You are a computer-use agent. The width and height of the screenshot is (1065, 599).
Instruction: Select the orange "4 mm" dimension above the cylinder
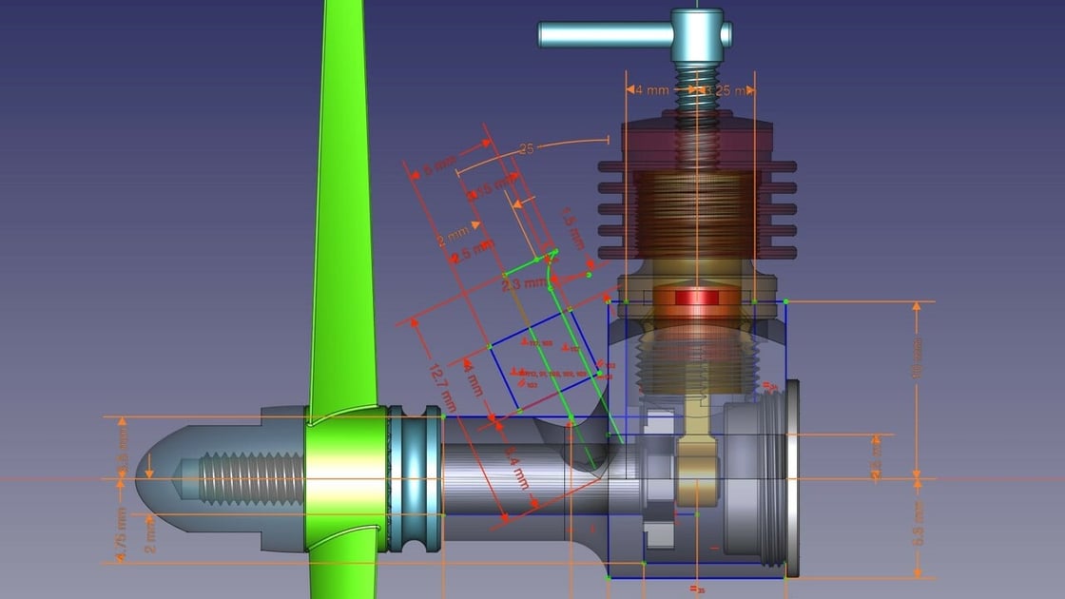[x=650, y=90]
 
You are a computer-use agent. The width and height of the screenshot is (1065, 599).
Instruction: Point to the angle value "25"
[x=526, y=149]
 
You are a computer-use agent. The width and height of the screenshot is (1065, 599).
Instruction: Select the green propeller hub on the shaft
[x=345, y=480]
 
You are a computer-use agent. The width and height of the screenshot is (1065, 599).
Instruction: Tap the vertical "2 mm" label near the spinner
[x=150, y=534]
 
